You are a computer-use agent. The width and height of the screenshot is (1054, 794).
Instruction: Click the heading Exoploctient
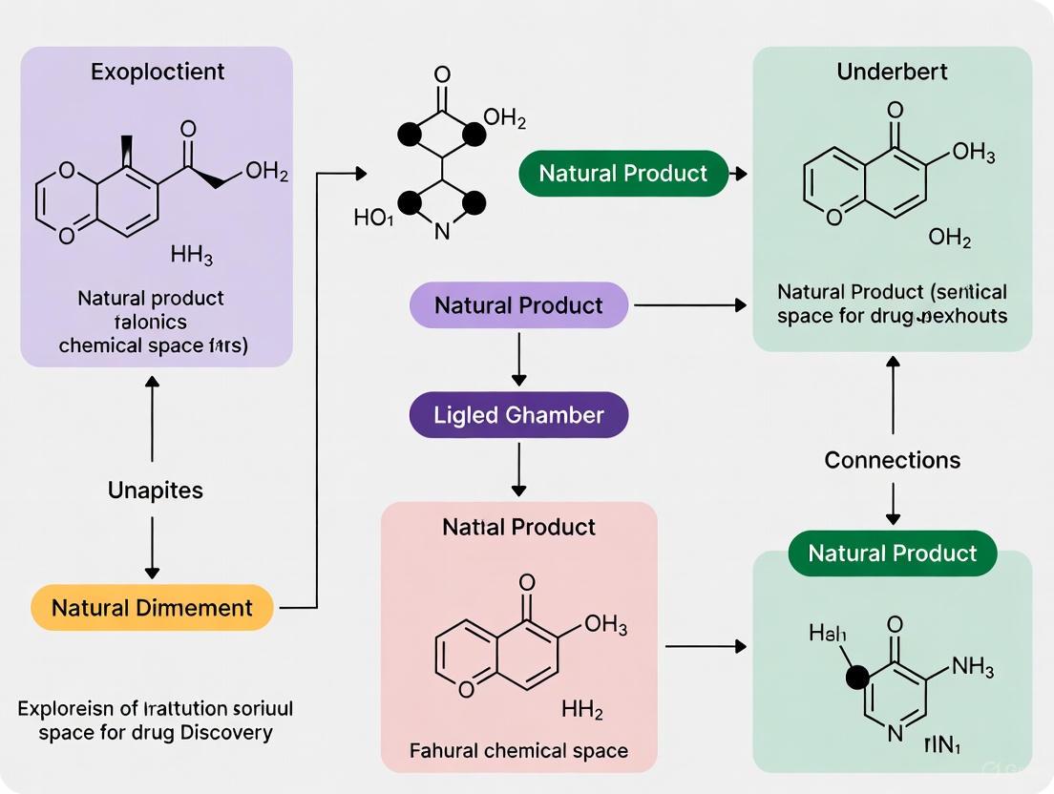(x=157, y=72)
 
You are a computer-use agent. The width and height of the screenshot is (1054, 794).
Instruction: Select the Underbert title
(x=892, y=72)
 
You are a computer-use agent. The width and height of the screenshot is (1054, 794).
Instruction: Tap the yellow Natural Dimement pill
(x=152, y=607)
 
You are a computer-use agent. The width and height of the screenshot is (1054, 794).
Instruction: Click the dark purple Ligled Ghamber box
(x=519, y=415)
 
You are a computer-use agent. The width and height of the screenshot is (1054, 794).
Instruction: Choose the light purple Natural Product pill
(x=518, y=305)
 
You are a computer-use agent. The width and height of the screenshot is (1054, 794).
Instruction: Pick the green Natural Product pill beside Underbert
(x=623, y=174)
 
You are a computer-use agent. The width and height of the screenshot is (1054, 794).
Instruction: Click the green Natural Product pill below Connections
(x=892, y=554)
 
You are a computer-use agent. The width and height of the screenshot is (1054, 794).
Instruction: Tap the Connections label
(x=892, y=460)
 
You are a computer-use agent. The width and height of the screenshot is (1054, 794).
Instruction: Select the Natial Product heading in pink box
(x=518, y=527)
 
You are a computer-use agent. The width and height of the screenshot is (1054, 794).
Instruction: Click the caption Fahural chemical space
(x=518, y=750)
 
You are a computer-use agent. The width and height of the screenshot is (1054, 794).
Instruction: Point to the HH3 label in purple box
(x=191, y=255)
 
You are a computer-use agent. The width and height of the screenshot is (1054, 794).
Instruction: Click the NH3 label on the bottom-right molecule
(x=973, y=667)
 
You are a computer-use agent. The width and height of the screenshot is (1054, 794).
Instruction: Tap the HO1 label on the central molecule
(x=373, y=219)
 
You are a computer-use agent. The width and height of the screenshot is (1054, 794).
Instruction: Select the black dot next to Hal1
(x=857, y=678)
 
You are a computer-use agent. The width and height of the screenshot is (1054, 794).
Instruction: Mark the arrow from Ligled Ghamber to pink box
(x=518, y=469)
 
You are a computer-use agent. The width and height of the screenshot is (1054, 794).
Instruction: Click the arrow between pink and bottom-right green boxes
(x=705, y=647)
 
